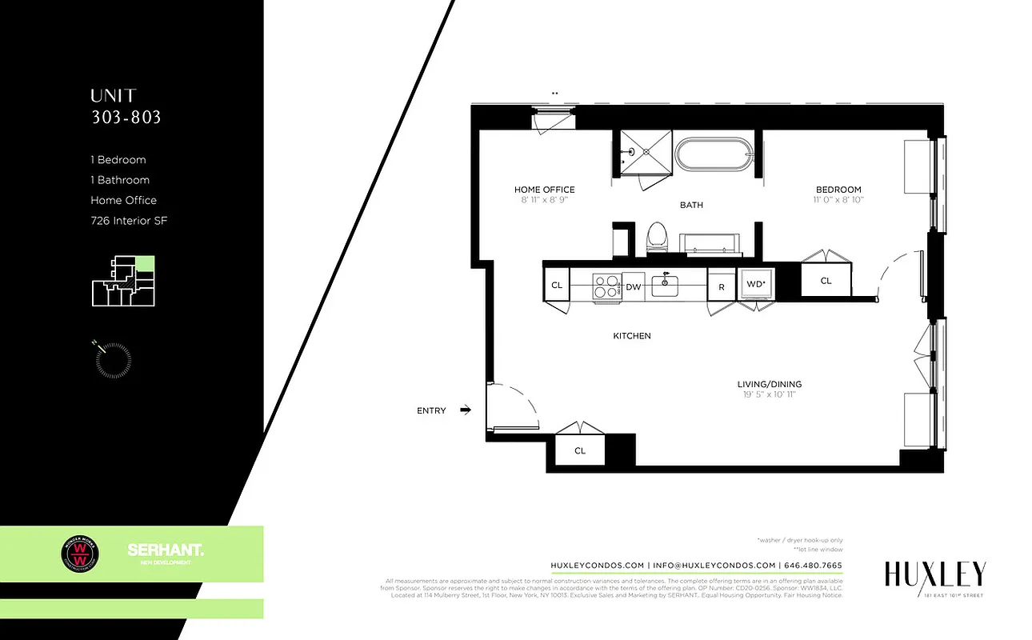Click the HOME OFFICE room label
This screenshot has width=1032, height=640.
tap(544, 190)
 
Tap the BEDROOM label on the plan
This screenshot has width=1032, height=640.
tap(838, 190)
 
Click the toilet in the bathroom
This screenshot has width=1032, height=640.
tap(658, 237)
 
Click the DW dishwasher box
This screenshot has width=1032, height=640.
tap(633, 286)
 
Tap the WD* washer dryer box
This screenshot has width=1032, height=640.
tap(756, 284)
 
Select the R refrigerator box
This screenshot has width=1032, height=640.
tap(721, 286)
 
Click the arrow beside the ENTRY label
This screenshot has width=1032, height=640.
tap(466, 410)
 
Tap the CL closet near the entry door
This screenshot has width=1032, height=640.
tap(580, 450)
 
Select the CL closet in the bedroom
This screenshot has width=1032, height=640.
tap(826, 281)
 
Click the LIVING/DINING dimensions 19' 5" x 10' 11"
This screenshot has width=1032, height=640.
tap(769, 394)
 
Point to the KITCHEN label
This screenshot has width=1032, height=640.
tap(632, 336)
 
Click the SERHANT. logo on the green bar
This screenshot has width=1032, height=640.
tap(165, 551)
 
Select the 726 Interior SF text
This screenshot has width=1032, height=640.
tap(129, 221)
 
